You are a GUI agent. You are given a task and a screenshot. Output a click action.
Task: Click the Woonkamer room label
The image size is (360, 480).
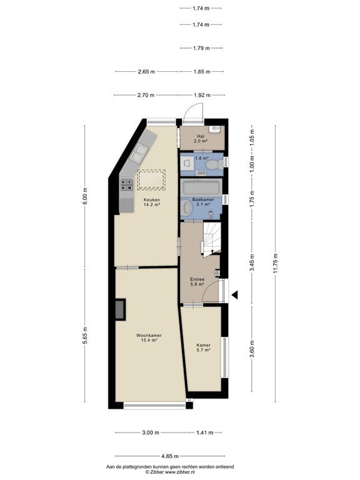tap(149, 337)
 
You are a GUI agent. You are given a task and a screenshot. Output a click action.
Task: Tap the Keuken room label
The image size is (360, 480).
tap(152, 202)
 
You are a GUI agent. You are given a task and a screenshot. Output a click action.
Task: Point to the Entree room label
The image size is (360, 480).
tap(197, 282)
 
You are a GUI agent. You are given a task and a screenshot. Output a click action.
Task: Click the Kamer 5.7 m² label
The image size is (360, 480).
tap(203, 347)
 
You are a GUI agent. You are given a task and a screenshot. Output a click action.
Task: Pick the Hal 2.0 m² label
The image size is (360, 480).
tap(201, 139)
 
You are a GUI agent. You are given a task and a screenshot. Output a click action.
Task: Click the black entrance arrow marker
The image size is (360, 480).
tap(235, 295)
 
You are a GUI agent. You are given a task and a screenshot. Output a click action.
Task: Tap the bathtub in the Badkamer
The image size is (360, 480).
tap(201, 187)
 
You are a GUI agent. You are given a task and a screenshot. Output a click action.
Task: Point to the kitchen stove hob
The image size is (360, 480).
tap(126, 184)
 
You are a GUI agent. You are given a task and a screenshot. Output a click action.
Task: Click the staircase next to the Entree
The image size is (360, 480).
tap(212, 238)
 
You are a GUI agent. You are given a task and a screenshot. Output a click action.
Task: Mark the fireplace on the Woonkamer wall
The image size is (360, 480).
tap(120, 310)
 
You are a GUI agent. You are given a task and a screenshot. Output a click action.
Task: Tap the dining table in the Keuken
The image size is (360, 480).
tap(151, 180)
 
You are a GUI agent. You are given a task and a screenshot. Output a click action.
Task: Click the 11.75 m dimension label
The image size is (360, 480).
tap(276, 263)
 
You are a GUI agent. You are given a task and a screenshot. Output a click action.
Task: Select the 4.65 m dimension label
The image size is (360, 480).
tap(170, 456)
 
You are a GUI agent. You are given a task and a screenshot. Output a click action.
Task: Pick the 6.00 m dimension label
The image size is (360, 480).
tap(85, 196)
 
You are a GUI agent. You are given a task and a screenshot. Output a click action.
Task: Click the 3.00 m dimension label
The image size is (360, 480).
tap(151, 432)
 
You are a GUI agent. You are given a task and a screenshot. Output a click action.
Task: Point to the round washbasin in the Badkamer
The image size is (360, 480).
tap(186, 207)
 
